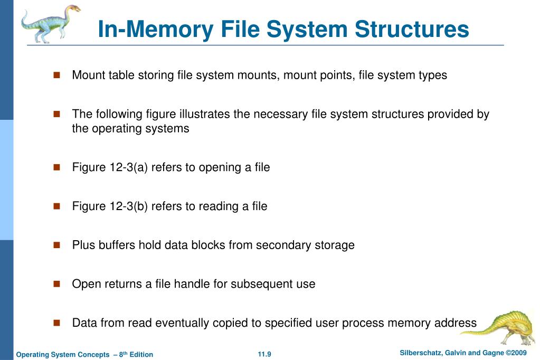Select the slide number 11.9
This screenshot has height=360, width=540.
264,354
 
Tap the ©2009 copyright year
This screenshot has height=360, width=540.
517,353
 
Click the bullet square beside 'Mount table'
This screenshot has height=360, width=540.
57,75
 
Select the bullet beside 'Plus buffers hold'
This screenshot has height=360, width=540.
57,245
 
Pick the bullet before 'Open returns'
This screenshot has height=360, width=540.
57,284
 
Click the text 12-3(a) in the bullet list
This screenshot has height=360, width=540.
129,167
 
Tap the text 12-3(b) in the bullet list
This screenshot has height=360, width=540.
129,206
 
